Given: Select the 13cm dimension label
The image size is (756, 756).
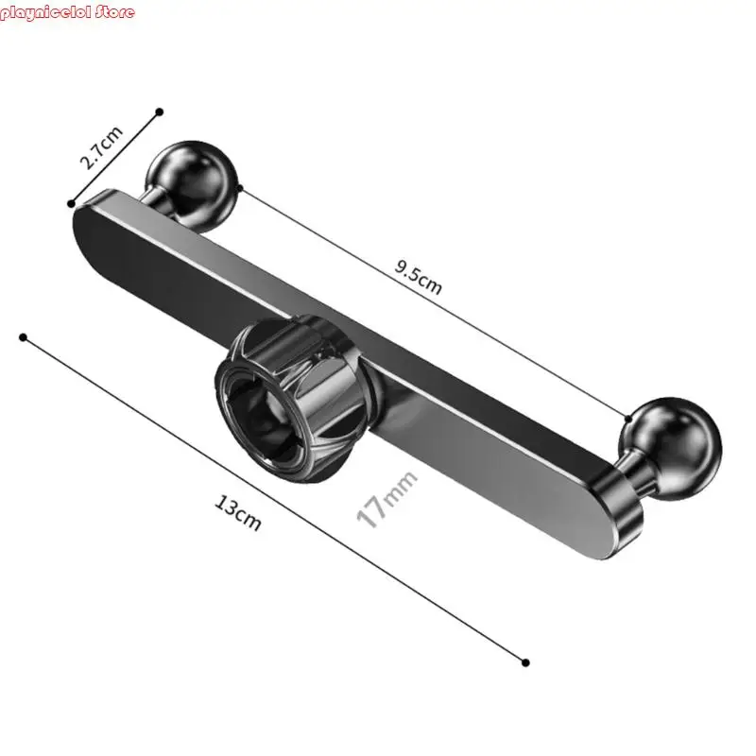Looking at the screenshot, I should click(236, 515).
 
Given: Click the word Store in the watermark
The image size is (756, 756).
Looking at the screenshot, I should click(112, 12).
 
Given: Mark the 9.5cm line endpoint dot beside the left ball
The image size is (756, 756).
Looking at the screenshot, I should click(241, 189).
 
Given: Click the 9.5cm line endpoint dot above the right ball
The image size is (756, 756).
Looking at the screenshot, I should click(628, 416).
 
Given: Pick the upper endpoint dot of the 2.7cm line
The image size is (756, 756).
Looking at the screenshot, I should click(160, 112).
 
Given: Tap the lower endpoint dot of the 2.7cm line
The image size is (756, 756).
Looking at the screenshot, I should click(71, 202).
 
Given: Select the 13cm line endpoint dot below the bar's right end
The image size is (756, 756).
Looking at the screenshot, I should click(526, 662).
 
